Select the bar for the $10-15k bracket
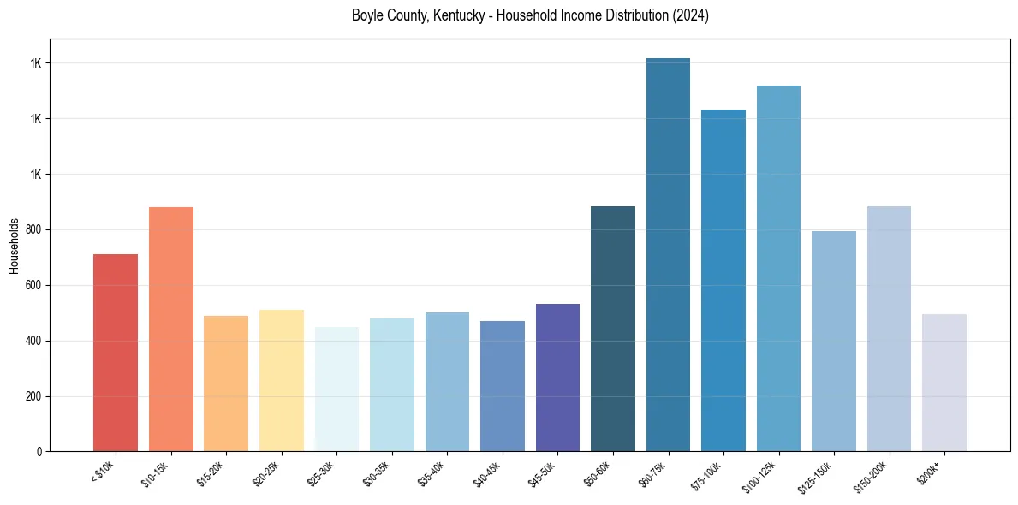(171, 330)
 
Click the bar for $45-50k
(557, 377)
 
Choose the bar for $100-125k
(778, 269)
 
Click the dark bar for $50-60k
(613, 329)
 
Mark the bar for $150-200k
(889, 329)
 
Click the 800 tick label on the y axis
(35, 230)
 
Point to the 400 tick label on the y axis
(35, 342)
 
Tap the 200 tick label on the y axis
(35, 397)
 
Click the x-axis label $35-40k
(432, 474)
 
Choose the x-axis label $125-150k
(816, 476)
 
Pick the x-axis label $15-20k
(211, 474)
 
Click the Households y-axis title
(14, 246)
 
